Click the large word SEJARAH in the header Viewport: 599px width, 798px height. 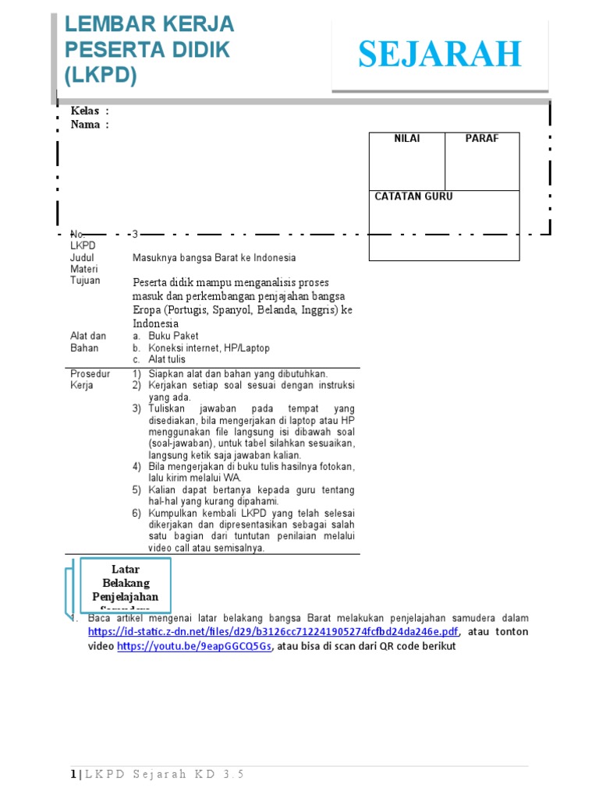(x=440, y=55)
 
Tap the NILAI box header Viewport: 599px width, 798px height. (x=406, y=139)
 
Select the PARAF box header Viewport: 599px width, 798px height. (x=481, y=139)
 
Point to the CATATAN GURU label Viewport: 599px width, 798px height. (x=413, y=196)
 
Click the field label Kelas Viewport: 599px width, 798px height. (x=85, y=111)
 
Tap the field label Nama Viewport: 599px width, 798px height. (x=85, y=125)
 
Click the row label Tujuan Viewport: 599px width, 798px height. (x=85, y=281)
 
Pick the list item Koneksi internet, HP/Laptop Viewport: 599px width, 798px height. (x=209, y=348)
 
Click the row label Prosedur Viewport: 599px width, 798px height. (x=90, y=374)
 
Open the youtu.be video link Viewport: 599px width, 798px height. (x=194, y=647)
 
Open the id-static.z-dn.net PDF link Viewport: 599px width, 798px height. (x=274, y=632)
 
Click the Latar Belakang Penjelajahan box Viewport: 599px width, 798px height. (x=125, y=584)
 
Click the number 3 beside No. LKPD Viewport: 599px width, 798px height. (x=135, y=234)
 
